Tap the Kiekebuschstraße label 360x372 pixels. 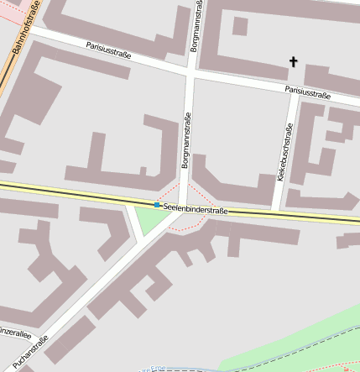(283, 155)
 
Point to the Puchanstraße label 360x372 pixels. (30, 352)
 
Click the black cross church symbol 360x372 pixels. (294, 61)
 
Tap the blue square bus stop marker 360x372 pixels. (157, 205)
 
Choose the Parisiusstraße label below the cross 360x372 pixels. (307, 92)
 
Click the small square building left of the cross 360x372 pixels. (240, 26)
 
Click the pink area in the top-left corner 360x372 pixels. (7, 12)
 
